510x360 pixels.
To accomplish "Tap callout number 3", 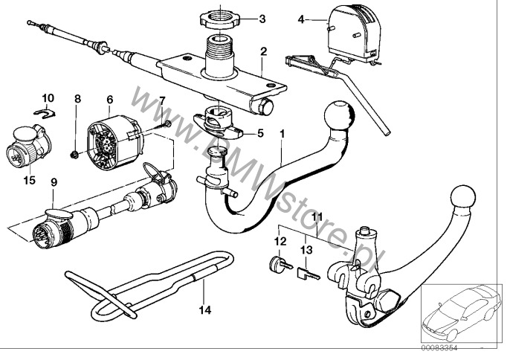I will pyautogui.click(x=262, y=18).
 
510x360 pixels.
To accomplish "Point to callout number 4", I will pyautogui.click(x=300, y=18).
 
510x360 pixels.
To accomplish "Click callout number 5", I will pyautogui.click(x=260, y=134).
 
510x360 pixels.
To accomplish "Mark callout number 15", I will pyautogui.click(x=30, y=179).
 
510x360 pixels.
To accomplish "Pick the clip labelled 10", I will pyautogui.click(x=46, y=113).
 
